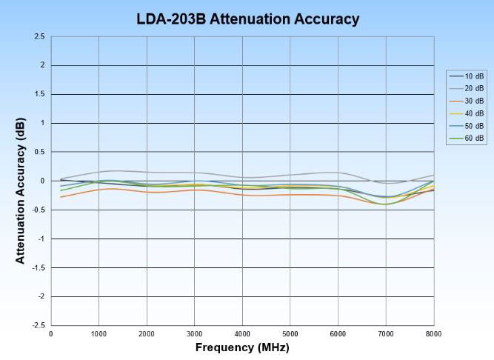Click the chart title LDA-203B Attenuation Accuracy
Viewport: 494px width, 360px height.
247,19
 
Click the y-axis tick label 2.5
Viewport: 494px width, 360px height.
39,36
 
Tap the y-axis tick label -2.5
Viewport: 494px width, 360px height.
38,325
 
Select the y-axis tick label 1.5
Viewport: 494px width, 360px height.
39,94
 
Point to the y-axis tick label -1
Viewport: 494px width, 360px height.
41,239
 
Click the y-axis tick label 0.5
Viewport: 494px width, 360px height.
39,152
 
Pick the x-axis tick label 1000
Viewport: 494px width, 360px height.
99,334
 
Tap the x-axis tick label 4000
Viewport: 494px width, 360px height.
242,334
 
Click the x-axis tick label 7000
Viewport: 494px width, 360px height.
386,334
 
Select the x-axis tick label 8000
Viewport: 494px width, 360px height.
433,334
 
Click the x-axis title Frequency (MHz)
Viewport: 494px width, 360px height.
242,347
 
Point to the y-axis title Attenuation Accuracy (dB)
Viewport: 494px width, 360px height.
21,181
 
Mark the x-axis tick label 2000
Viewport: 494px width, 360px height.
147,334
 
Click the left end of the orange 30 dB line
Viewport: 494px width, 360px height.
61,197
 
